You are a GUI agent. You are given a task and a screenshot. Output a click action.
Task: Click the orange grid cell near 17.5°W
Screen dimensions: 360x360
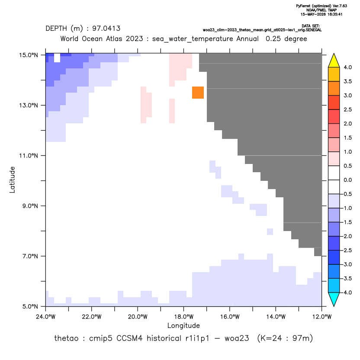click(198, 93)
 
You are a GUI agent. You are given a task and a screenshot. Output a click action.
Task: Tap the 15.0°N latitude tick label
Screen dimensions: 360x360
click(29, 55)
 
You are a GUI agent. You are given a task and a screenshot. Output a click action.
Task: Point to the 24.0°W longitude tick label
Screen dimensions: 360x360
click(46, 317)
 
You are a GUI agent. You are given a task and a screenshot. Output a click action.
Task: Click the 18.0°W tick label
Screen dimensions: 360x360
click(183, 317)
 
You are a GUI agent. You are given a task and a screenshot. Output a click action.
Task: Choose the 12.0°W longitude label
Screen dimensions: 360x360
click(322, 317)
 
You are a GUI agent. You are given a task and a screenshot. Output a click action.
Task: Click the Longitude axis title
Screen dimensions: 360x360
click(183, 326)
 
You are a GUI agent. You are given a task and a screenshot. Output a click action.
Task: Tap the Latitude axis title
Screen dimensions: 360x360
click(12, 180)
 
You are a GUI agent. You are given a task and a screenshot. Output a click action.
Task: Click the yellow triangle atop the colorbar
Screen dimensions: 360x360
click(334, 60)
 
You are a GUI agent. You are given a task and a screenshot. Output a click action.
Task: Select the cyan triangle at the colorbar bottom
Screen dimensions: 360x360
click(334, 299)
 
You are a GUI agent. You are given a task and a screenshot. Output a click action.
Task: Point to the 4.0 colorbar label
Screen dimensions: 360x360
click(347, 67)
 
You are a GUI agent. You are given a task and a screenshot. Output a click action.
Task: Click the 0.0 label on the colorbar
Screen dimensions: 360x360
click(347, 180)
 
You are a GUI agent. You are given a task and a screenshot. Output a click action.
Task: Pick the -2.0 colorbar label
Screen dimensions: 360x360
click(347, 236)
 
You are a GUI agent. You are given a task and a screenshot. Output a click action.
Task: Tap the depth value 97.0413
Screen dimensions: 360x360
click(106, 29)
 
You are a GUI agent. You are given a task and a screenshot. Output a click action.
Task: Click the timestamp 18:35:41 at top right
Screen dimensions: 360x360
click(333, 14)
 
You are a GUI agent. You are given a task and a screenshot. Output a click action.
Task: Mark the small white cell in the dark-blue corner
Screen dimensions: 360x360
click(57, 58)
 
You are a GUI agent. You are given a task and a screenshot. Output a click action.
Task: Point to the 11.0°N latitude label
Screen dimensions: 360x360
click(29, 156)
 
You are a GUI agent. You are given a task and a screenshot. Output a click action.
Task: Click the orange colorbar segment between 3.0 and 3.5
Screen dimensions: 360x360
click(334, 88)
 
